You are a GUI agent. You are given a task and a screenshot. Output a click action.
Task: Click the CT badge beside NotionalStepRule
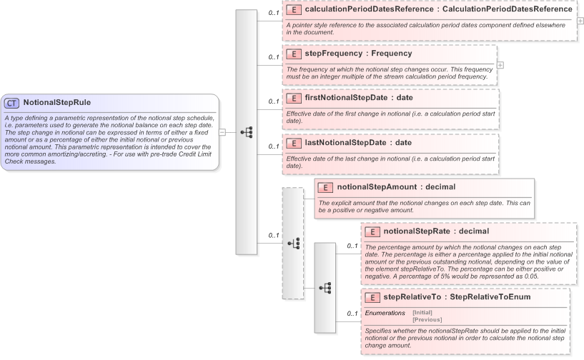point(11,102)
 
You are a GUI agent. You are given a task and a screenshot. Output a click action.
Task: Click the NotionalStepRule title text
point(56,102)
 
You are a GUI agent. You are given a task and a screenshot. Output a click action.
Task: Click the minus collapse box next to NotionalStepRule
point(222,132)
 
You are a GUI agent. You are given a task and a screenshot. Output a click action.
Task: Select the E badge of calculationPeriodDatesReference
point(293,9)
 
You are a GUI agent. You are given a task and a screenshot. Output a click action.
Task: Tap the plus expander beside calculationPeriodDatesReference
point(580,21)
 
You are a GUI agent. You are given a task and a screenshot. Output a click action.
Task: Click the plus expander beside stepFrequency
point(500,65)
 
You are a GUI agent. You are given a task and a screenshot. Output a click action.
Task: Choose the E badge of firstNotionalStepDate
point(293,98)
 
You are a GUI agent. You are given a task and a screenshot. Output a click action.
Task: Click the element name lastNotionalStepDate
point(339,142)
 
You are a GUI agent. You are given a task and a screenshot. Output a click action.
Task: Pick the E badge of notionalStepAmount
point(325,187)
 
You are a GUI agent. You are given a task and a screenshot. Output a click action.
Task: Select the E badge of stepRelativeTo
point(372,297)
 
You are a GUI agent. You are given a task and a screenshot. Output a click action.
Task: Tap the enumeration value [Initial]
point(422,313)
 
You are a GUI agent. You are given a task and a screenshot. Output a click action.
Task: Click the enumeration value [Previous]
point(427,319)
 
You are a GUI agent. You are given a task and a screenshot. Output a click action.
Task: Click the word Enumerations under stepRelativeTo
point(385,313)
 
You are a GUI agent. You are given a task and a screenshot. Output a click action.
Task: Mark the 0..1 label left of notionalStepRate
point(352,246)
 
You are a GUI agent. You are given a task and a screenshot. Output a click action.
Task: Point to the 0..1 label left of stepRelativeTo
point(352,314)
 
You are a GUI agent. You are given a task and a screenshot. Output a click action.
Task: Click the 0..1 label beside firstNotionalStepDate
point(274,101)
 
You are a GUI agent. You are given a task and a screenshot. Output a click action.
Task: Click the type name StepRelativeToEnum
point(490,297)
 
